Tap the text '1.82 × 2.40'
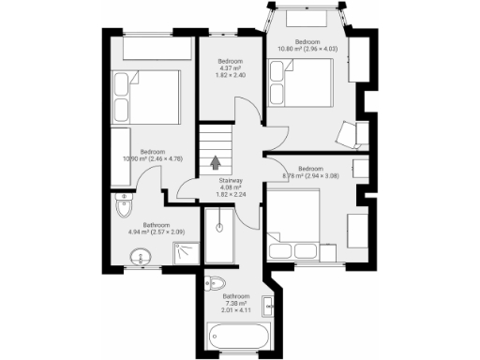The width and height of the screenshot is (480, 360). pyautogui.click(x=230, y=74)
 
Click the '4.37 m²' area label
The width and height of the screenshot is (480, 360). pyautogui.click(x=230, y=67)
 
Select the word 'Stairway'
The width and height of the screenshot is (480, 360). pyautogui.click(x=232, y=180)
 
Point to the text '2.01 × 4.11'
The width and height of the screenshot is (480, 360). pyautogui.click(x=234, y=310)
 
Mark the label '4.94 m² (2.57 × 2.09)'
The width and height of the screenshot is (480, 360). pyautogui.click(x=149, y=232)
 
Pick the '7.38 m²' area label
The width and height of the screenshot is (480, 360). pyautogui.click(x=234, y=303)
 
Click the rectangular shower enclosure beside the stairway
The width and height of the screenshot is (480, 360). pyautogui.click(x=222, y=237)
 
